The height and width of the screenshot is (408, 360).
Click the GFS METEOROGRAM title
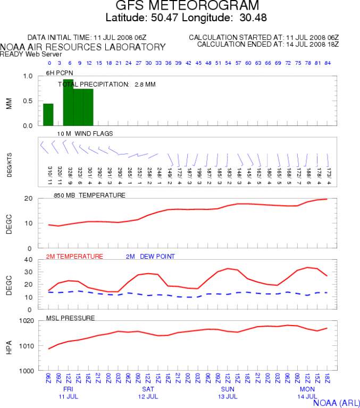188,6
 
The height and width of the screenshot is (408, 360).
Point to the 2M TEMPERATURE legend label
74,257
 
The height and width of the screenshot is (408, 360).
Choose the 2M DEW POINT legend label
150,257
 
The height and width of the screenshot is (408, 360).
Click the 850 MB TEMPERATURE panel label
89,195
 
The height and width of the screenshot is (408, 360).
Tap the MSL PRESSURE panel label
70,318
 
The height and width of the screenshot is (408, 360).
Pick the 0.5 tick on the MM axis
28,101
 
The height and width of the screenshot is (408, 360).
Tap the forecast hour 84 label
329,63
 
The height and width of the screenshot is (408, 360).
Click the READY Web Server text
23,54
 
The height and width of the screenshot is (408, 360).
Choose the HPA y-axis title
9,346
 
